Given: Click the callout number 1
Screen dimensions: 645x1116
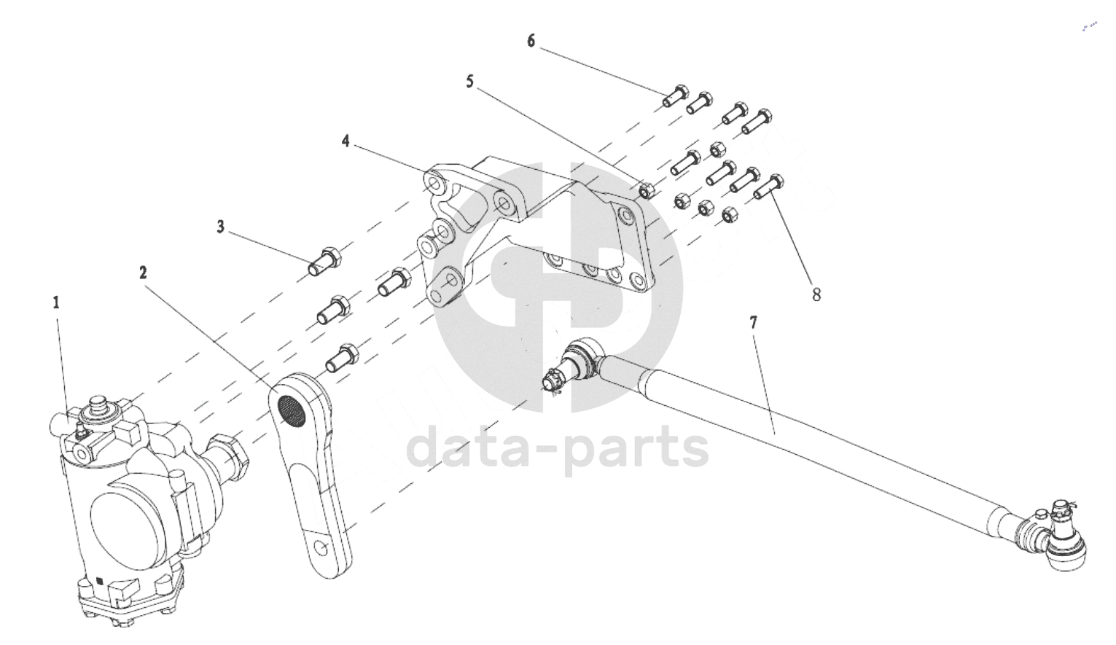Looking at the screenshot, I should tap(57, 302).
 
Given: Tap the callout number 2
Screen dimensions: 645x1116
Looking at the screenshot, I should tap(144, 273).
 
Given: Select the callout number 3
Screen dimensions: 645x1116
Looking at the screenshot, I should tap(221, 227).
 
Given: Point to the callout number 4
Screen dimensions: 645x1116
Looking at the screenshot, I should tap(346, 140).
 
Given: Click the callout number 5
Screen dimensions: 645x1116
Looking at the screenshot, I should tap(470, 82).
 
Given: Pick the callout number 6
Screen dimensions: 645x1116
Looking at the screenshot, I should tap(531, 41).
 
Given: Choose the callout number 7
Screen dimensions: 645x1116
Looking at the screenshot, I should tap(754, 321).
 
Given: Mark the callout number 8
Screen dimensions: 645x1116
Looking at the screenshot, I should tap(816, 294).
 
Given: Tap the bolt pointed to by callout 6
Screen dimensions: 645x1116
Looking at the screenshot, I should tap(676, 95).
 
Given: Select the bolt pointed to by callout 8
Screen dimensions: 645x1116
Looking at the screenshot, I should tap(768, 186).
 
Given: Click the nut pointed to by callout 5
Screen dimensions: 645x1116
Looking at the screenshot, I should tap(646, 190).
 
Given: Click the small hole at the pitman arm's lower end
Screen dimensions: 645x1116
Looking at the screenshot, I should tap(321, 546).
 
